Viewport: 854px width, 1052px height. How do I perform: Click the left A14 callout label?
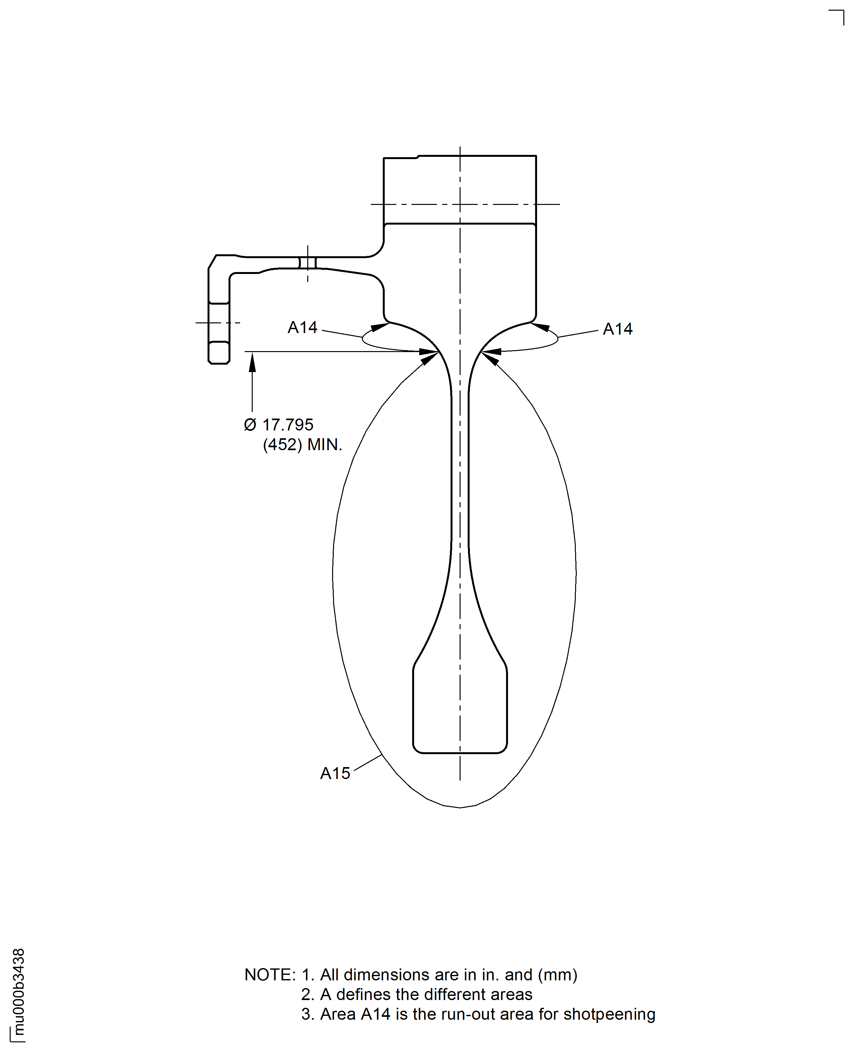click(302, 328)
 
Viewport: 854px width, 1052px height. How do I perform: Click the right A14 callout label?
click(617, 329)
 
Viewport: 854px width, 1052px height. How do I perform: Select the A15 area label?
click(335, 773)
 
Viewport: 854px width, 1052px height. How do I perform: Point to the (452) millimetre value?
click(282, 445)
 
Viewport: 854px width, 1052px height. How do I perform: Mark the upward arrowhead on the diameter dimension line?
click(252, 363)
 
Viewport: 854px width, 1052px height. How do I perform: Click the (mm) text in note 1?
click(557, 975)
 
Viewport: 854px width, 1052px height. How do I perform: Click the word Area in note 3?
click(338, 1014)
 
